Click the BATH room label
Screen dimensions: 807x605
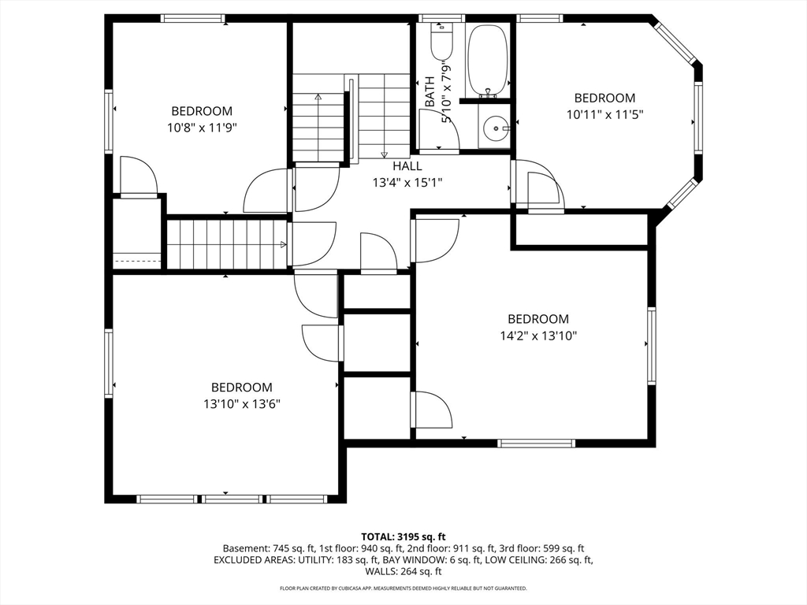coord(430,91)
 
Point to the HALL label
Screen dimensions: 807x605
coord(407,166)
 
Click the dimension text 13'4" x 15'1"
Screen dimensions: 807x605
coord(407,183)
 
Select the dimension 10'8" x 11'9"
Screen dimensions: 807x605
coord(202,128)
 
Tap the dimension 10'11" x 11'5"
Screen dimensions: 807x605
coord(604,114)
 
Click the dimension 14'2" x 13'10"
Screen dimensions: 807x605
coord(538,336)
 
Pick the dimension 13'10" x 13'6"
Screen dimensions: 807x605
coord(241,404)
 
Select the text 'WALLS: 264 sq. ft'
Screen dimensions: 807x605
coord(403,571)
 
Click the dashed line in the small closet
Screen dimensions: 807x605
coord(137,262)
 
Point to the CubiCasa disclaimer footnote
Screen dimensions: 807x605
coord(403,588)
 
